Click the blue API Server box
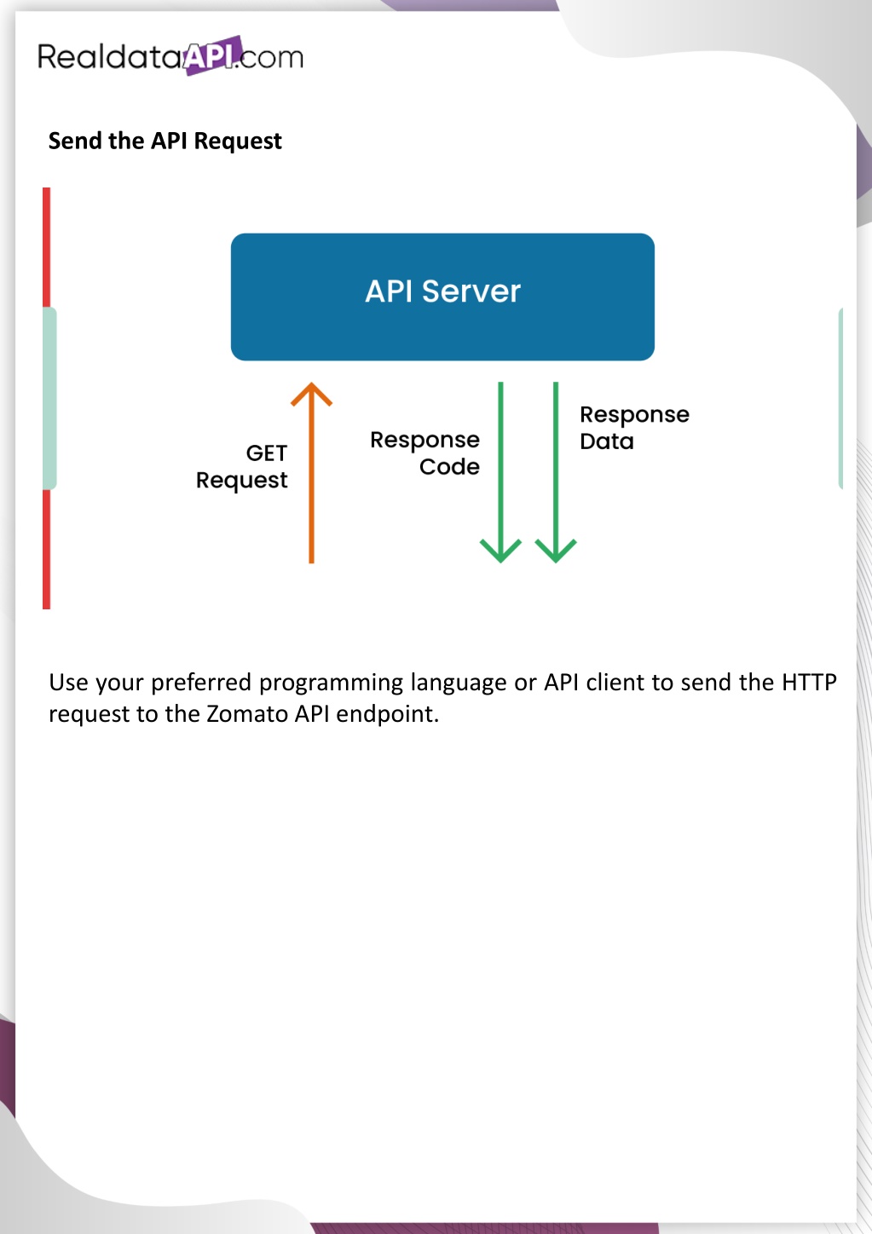tap(442, 297)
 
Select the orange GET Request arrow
tap(311, 473)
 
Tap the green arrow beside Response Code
tap(500, 473)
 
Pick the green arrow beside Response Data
tap(556, 473)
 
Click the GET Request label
tap(242, 467)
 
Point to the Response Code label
tap(424, 453)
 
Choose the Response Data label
tap(634, 428)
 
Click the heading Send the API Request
tap(165, 141)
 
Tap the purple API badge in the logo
tap(212, 55)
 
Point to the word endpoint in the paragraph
tap(387, 715)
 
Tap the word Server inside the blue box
tap(471, 291)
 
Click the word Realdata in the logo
tap(110, 56)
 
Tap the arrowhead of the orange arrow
tap(311, 394)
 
